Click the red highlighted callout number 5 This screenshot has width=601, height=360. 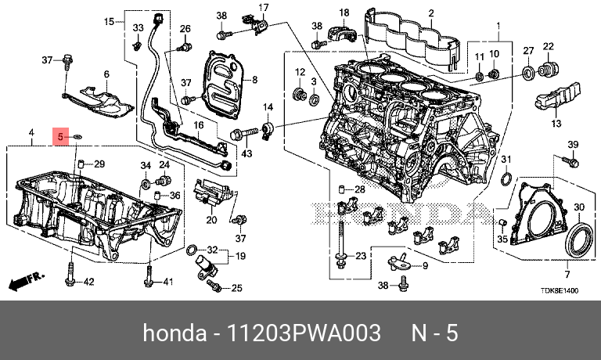click(x=59, y=137)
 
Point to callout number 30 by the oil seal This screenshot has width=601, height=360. click(x=578, y=207)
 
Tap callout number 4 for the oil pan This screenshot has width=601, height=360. click(x=31, y=133)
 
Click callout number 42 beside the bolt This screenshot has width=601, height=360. click(x=88, y=282)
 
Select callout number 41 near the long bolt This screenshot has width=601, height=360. click(x=167, y=282)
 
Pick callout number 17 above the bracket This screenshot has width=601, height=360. click(x=263, y=9)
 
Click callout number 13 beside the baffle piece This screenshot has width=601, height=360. click(x=556, y=124)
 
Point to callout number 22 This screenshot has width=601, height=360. click(x=549, y=45)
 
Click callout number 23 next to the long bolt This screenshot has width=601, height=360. click(x=360, y=256)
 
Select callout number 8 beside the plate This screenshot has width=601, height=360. click(x=254, y=80)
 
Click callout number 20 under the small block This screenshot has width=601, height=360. click(x=211, y=220)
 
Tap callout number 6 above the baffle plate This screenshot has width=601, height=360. click(x=106, y=74)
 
